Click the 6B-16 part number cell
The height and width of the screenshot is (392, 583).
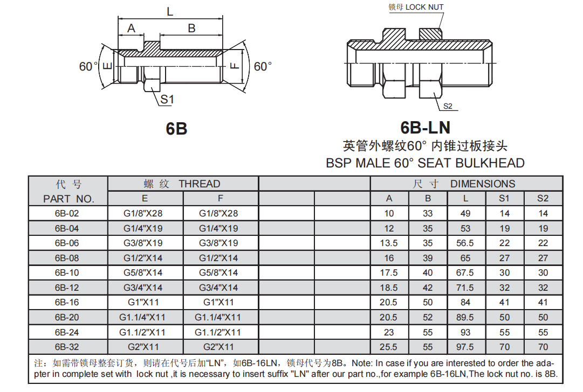(67, 303)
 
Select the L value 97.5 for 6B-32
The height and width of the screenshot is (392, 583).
(465, 347)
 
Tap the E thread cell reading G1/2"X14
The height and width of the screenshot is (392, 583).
(143, 258)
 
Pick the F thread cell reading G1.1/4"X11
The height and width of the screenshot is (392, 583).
(218, 318)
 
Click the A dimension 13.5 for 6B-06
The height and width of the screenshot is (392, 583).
(389, 243)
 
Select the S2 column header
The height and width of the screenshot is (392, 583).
(543, 198)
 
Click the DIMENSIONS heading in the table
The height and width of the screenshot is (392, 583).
(483, 184)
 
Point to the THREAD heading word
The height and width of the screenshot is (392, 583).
(200, 184)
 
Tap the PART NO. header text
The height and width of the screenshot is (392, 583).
(68, 199)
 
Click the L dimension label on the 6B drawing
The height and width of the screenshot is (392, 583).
(170, 12)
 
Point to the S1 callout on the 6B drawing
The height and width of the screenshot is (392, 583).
(167, 99)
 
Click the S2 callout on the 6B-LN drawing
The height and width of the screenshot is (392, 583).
(448, 106)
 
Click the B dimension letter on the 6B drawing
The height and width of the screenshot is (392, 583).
(191, 29)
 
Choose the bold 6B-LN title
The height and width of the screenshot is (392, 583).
(425, 128)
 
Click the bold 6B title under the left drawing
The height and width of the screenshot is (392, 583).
(176, 129)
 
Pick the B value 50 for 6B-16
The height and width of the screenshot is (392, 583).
(428, 303)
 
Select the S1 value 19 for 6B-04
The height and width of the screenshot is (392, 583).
(504, 228)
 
